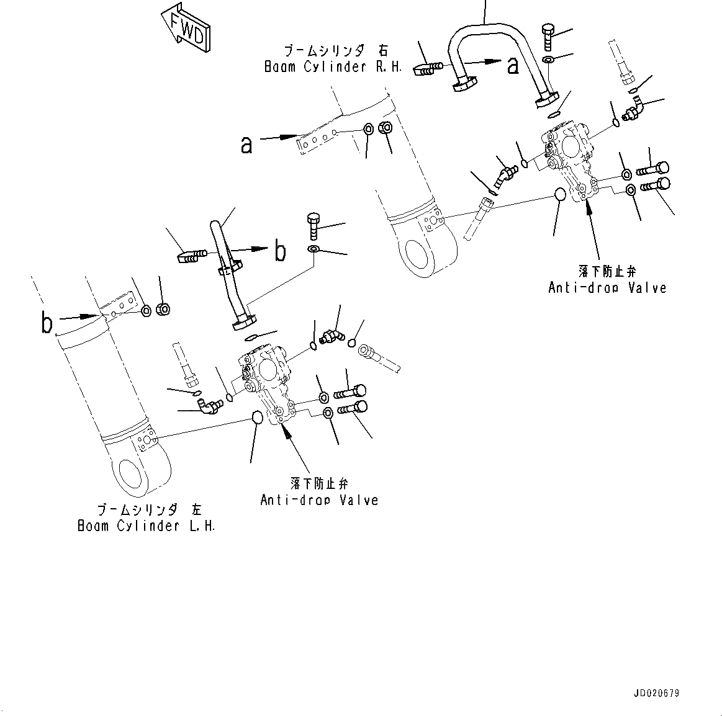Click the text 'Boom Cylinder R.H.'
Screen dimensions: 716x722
(x=333, y=67)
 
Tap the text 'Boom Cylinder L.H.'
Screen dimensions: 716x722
(x=147, y=526)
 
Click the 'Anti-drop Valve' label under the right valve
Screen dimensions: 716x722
(x=607, y=287)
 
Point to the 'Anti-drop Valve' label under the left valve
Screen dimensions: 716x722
(x=319, y=499)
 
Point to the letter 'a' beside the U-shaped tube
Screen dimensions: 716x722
(x=513, y=65)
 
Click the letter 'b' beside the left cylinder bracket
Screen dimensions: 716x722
(x=47, y=323)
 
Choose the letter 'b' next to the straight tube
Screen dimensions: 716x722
(x=281, y=251)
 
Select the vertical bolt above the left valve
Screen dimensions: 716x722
(x=314, y=226)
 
